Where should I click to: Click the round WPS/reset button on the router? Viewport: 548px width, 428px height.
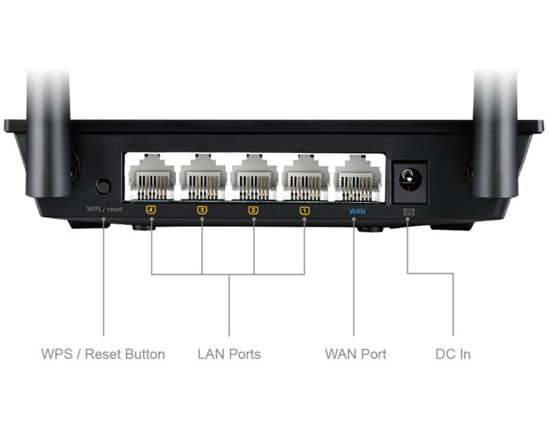point(103,186)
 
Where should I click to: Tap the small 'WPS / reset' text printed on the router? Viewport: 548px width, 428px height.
point(104,209)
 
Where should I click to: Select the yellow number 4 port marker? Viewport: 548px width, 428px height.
point(151,210)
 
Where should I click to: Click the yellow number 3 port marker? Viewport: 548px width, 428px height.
point(202,210)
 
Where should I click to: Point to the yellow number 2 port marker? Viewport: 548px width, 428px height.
point(253,210)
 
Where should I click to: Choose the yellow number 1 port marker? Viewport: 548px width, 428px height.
point(305,210)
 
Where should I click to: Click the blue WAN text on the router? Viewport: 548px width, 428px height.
point(357,211)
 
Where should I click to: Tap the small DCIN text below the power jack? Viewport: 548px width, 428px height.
point(409,211)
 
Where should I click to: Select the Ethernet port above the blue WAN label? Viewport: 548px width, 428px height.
point(357,177)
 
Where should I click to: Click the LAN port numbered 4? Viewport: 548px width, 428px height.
point(152,177)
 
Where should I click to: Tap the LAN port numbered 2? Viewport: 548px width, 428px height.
point(254,177)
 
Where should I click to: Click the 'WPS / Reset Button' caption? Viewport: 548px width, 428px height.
point(103,354)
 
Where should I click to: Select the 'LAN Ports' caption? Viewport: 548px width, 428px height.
point(229,354)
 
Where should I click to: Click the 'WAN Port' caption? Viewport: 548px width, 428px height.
point(355,354)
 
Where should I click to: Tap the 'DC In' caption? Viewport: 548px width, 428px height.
point(453,354)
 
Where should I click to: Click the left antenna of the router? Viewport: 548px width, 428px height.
point(49,134)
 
